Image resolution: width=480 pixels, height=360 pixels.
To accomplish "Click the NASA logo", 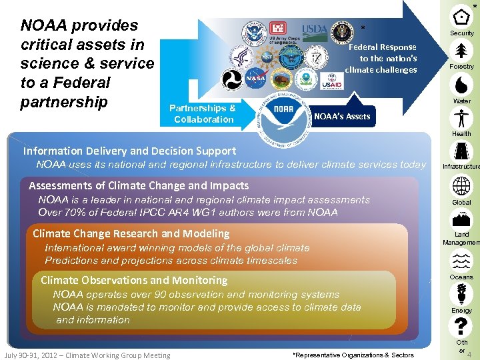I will pos(255,79).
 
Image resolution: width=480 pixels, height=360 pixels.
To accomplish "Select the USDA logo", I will pos(315,29).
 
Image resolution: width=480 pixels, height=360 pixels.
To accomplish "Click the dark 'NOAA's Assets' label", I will pos(341,117).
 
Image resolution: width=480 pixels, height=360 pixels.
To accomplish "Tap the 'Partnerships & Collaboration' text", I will pos(203,113).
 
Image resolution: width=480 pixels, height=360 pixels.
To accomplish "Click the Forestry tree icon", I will pos(461,50).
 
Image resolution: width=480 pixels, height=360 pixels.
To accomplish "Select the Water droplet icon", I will pos(461,84).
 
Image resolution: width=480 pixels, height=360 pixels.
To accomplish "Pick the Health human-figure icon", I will pos(461,118).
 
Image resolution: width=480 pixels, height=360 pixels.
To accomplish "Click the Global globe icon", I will pos(461,186).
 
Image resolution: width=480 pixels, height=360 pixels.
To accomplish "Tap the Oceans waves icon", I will pos(461,261).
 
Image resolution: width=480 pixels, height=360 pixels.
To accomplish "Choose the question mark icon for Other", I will pos(461,326).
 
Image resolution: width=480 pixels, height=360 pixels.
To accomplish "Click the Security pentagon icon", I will pos(461,17).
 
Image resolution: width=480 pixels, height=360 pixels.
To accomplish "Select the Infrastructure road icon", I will pos(461,152).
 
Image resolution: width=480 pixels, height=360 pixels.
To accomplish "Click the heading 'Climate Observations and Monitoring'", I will pos(133,280).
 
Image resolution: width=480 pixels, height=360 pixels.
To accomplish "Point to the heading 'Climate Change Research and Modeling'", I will pos(131,233).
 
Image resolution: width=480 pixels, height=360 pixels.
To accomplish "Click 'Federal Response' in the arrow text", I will pos(383,47).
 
